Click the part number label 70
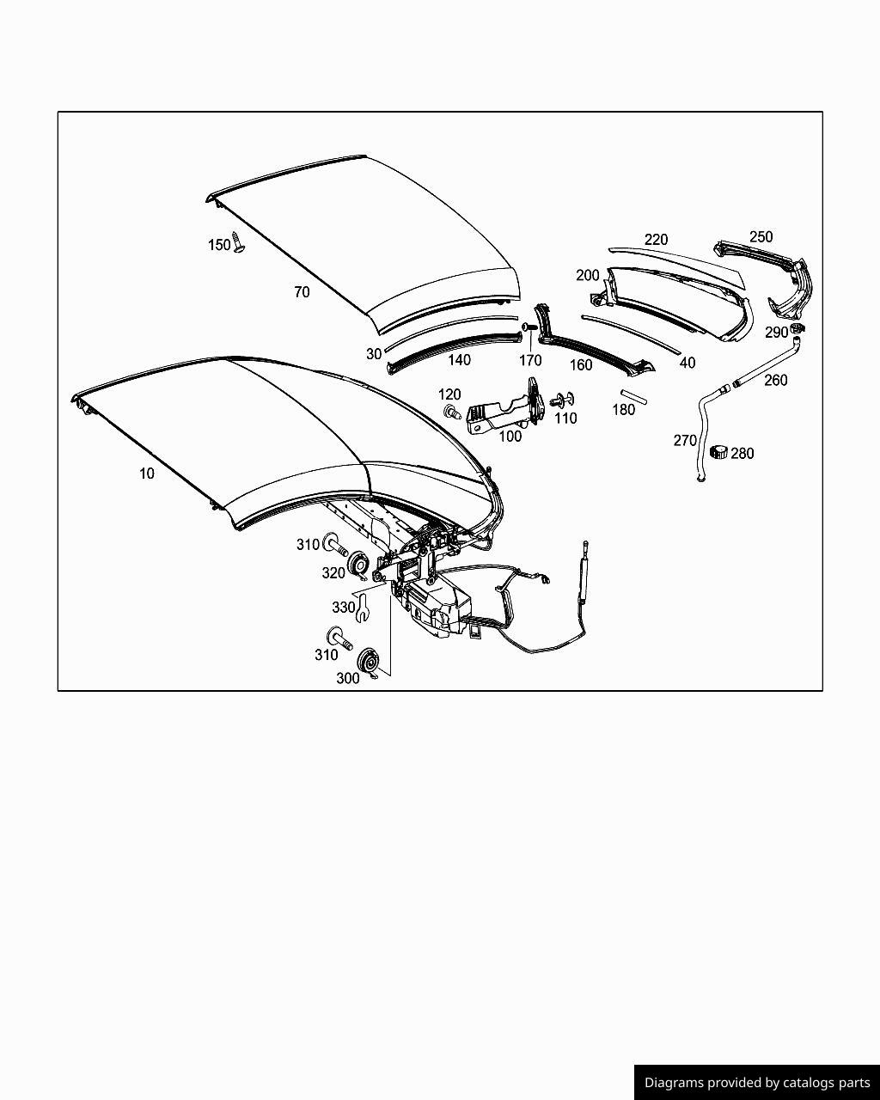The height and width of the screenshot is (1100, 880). pyautogui.click(x=302, y=292)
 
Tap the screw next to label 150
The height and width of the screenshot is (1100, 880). pyautogui.click(x=238, y=246)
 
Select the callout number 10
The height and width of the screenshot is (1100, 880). pyautogui.click(x=147, y=474)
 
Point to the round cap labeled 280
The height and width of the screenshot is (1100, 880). pyautogui.click(x=718, y=452)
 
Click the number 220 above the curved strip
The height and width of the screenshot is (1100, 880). pyautogui.click(x=656, y=240)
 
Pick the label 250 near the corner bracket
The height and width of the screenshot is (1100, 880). pyautogui.click(x=761, y=237)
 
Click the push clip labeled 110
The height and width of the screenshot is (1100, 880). pyautogui.click(x=565, y=400)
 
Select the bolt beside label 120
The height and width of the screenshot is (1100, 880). pyautogui.click(x=449, y=412)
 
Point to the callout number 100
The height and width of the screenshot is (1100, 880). pyautogui.click(x=510, y=437)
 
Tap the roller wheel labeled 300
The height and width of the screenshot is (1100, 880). pyautogui.click(x=369, y=661)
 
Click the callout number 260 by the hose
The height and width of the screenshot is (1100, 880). pyautogui.click(x=775, y=381)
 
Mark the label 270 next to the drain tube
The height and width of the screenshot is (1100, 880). pyautogui.click(x=685, y=441)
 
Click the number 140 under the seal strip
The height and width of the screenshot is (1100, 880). pyautogui.click(x=460, y=361)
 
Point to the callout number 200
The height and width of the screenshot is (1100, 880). pyautogui.click(x=588, y=276)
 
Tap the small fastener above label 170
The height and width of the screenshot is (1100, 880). pyautogui.click(x=529, y=327)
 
